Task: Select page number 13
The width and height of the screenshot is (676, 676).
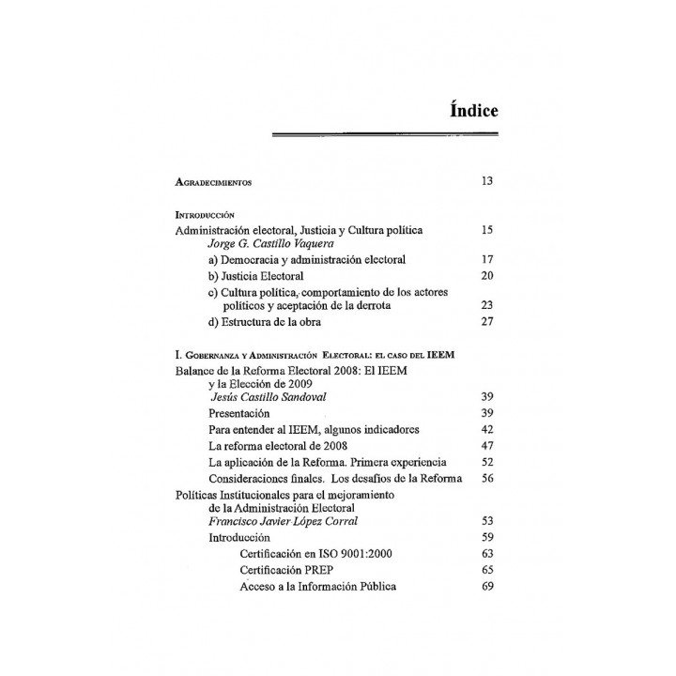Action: point(487,180)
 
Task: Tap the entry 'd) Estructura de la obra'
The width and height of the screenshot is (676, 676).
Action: point(264,323)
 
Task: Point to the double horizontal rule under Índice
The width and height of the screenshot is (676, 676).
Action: point(385,136)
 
